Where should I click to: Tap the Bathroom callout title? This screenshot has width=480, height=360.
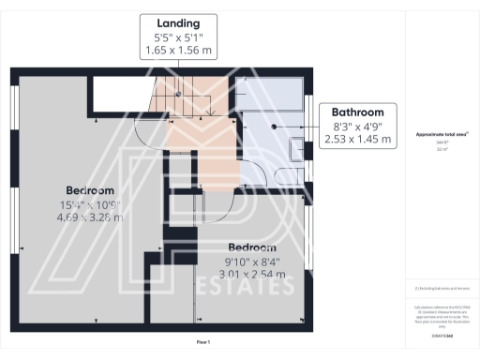coord(357,112)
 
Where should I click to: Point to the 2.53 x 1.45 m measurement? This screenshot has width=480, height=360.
coord(357,140)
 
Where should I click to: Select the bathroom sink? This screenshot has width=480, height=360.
coord(295,148)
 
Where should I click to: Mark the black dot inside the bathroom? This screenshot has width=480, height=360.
coord(274,125)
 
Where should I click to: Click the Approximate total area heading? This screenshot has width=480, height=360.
coord(442,135)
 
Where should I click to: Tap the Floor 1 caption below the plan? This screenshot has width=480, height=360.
coord(203,342)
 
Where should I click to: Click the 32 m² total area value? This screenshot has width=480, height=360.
coord(442,149)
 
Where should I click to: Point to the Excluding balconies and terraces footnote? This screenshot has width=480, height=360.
coord(442,288)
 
